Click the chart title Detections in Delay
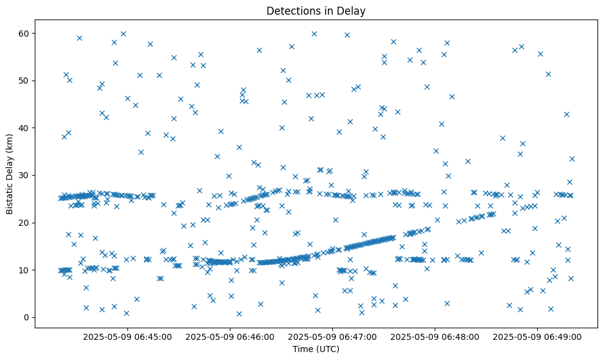(x=316, y=10)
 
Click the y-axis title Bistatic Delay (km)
(x=10, y=175)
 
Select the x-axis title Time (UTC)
(x=316, y=350)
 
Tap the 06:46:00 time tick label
(x=230, y=336)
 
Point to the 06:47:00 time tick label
(x=333, y=336)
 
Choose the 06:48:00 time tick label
(x=435, y=336)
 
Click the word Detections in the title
(x=291, y=10)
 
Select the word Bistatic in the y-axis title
(x=10, y=196)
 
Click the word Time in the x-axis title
(x=303, y=350)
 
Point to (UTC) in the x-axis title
(x=327, y=350)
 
